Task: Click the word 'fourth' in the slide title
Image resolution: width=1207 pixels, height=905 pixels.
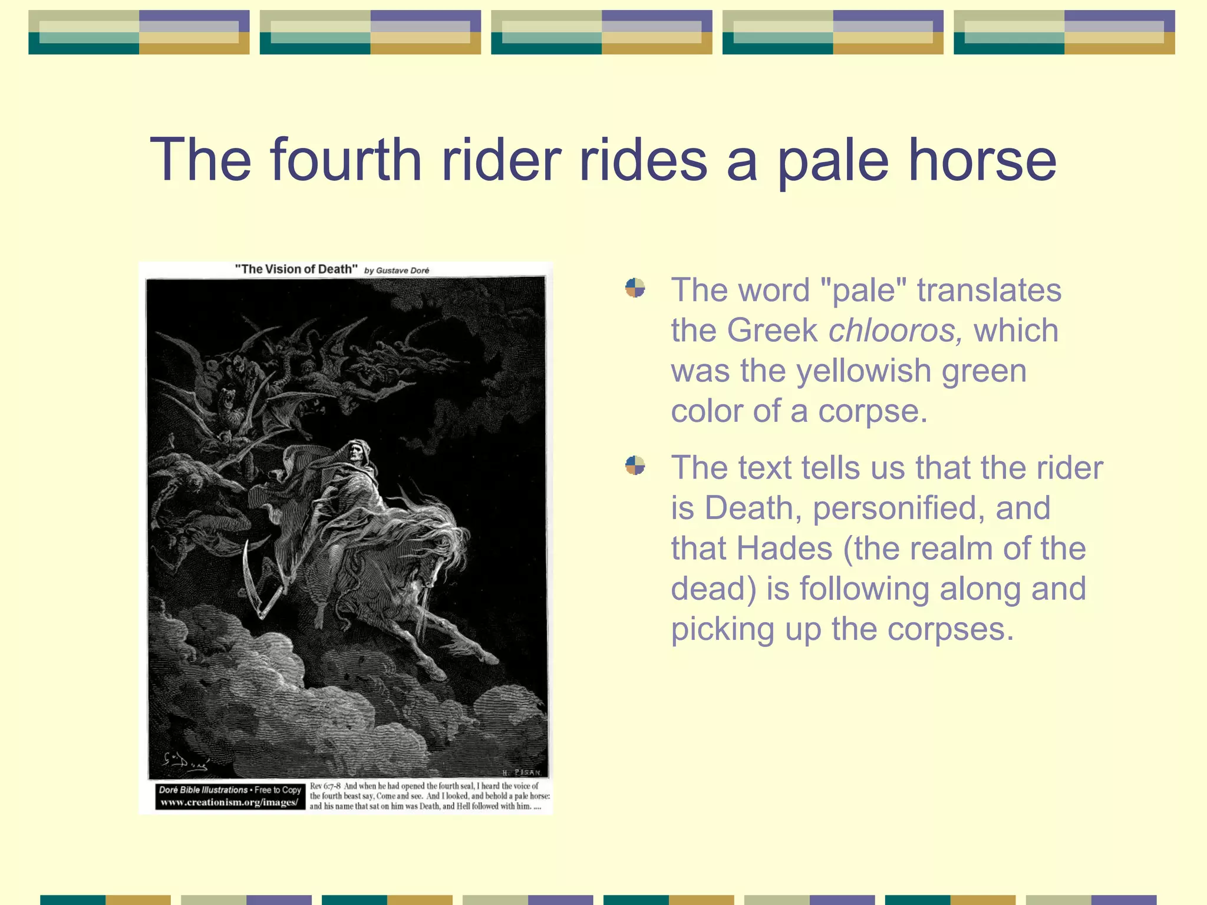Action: click(346, 160)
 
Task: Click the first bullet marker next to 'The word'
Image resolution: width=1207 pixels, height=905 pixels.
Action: click(635, 288)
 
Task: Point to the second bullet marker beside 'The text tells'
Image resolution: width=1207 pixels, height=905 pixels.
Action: click(635, 465)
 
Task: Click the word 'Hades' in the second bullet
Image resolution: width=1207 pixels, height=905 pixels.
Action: click(784, 548)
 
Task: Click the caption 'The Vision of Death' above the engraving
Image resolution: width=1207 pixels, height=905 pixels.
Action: click(296, 269)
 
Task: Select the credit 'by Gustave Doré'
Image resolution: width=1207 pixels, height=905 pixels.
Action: click(397, 270)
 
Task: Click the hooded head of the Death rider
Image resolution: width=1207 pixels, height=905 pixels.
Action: click(356, 451)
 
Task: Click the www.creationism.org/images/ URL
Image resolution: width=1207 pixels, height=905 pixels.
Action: click(230, 802)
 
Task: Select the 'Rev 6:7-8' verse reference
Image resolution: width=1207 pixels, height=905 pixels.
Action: click(325, 786)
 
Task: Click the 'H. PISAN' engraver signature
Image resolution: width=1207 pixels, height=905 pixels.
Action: click(521, 772)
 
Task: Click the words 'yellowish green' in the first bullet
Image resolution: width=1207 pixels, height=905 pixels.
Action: click(911, 371)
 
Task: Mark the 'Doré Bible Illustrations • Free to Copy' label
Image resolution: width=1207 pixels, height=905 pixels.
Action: click(230, 790)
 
